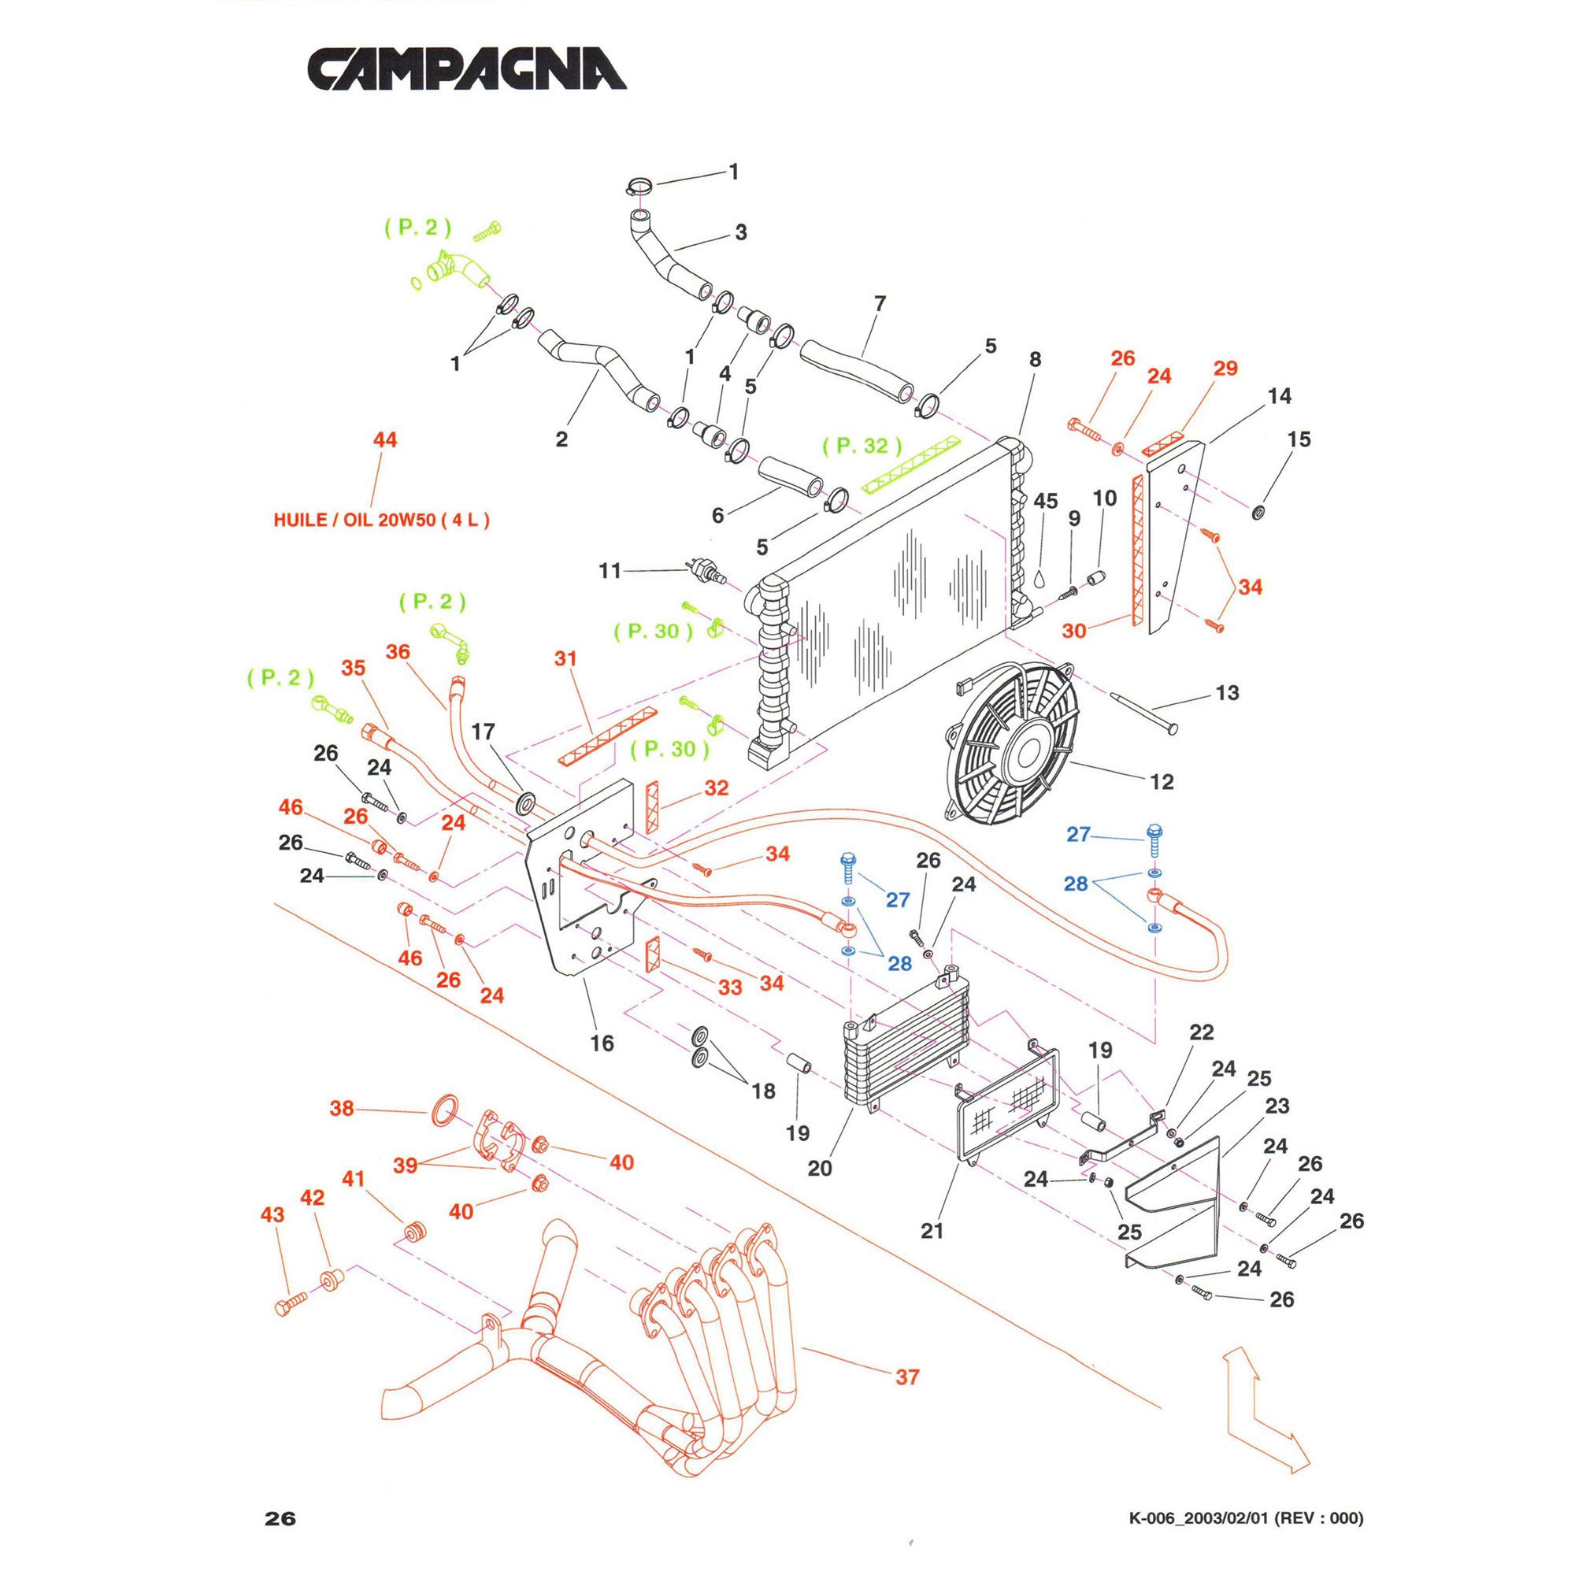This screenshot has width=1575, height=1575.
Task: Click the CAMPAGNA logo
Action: (466, 69)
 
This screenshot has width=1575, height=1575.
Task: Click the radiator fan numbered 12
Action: (1014, 743)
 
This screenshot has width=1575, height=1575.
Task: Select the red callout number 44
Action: (385, 440)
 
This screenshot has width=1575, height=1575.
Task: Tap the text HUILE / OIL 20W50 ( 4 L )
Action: (381, 520)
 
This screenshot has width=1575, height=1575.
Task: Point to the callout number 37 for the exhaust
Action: (907, 1377)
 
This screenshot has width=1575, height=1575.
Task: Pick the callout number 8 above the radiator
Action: (1036, 360)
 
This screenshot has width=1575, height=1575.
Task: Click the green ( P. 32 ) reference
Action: (862, 446)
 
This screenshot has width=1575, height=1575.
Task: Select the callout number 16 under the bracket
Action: (602, 1043)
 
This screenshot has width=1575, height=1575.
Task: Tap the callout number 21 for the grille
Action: (932, 1231)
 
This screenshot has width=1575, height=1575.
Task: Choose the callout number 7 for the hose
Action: (880, 303)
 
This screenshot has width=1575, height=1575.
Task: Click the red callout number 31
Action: (565, 658)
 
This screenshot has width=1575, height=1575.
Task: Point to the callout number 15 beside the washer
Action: (1299, 439)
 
